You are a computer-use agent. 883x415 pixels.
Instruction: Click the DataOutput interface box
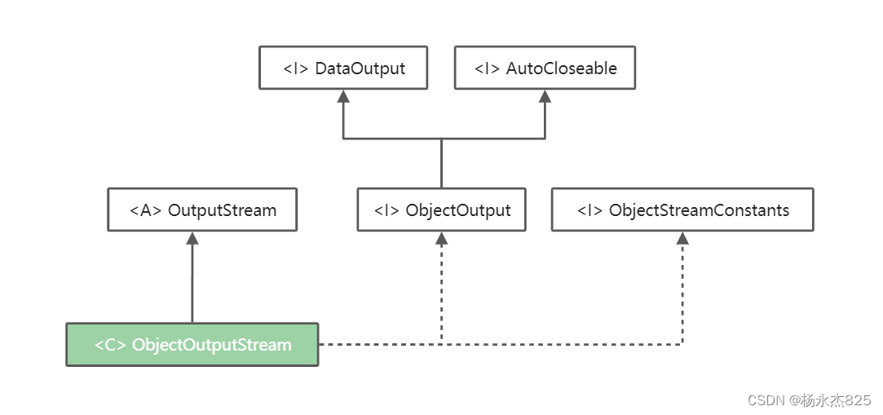click(x=343, y=68)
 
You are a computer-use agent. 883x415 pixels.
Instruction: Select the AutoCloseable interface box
click(x=545, y=68)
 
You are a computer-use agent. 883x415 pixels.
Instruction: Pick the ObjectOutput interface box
click(x=441, y=210)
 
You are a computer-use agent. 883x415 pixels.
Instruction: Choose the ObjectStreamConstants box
click(x=682, y=210)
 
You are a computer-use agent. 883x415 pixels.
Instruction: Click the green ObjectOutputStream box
click(x=192, y=344)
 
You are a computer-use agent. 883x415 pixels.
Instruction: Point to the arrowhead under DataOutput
click(x=343, y=96)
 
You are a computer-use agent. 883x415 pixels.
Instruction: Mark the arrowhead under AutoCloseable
click(x=545, y=96)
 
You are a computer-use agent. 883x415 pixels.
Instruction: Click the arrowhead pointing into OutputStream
click(x=192, y=238)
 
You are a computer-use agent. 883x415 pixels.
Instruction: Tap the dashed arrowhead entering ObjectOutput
click(x=441, y=238)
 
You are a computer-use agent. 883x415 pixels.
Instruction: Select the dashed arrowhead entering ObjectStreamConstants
click(x=682, y=238)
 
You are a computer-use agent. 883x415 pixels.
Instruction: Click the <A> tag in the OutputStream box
click(x=146, y=210)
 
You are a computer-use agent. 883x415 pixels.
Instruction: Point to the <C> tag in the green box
click(x=110, y=345)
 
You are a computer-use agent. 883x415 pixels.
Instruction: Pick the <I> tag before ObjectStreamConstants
click(x=590, y=210)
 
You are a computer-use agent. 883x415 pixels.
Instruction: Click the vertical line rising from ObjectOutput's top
click(x=441, y=163)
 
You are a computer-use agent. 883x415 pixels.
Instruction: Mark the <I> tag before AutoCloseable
click(x=488, y=68)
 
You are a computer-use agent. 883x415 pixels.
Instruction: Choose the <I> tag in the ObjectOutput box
click(x=387, y=210)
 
